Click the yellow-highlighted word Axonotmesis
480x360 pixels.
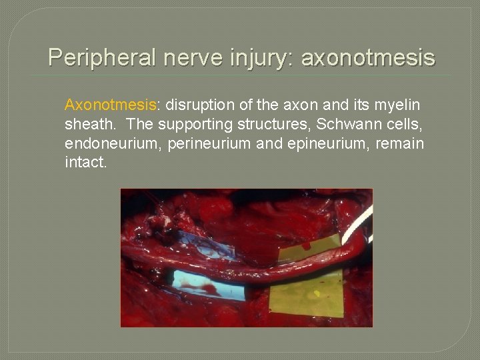[x=110, y=105]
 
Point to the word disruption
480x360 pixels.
[x=196, y=105]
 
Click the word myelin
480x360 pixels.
[x=398, y=105]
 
